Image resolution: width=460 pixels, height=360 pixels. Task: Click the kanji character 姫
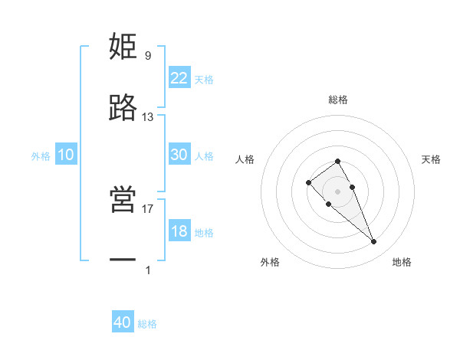tap(123, 47)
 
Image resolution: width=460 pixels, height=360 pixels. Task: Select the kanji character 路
tap(123, 108)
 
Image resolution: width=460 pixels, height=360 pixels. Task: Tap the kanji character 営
tap(123, 199)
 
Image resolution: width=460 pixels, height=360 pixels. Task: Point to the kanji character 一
tap(123, 261)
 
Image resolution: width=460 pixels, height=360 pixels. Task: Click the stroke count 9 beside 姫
tap(148, 55)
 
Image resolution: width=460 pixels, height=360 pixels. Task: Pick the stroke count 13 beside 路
tap(148, 117)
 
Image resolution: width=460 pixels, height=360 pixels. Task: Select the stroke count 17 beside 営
tap(148, 208)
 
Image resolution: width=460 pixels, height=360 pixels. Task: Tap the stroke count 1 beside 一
tap(148, 270)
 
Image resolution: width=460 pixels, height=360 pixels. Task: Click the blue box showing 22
tap(179, 78)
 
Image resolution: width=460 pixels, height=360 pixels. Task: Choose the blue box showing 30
tap(179, 155)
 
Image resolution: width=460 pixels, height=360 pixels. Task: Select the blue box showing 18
tap(179, 231)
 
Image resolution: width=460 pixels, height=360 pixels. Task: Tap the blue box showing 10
tap(66, 155)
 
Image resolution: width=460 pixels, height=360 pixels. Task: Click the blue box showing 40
tap(123, 322)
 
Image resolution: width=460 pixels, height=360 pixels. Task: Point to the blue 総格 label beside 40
tap(147, 324)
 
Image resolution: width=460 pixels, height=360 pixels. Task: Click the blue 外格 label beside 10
tap(41, 156)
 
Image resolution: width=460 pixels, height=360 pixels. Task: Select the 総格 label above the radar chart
tap(338, 100)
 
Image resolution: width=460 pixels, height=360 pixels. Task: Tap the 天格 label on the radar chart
tap(431, 159)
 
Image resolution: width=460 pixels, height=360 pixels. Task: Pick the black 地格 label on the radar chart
tap(402, 262)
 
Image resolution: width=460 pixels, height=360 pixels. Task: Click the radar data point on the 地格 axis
tap(373, 241)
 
